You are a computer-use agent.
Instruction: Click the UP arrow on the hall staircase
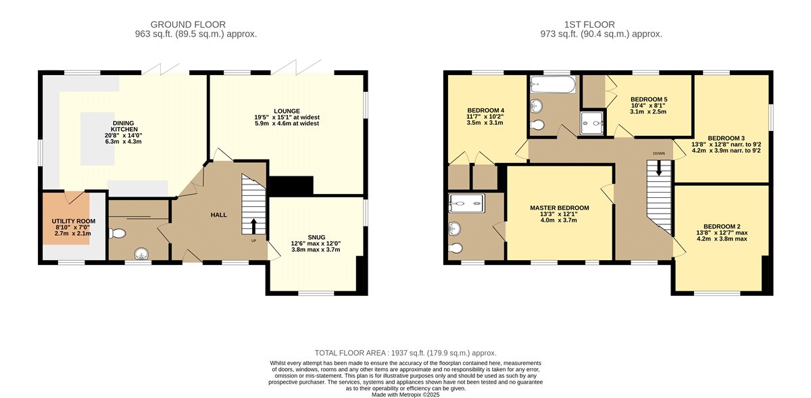tap(253, 226)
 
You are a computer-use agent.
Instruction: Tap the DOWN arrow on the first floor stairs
tap(659, 168)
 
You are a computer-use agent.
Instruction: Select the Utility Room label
tap(74, 221)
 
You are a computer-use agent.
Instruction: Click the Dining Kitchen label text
tap(124, 126)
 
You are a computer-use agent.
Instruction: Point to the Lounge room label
tap(287, 111)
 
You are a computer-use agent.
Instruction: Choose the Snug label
tap(316, 237)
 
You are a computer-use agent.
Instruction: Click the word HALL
tap(219, 215)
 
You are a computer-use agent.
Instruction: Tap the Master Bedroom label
tap(560, 208)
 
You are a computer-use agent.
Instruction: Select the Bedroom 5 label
tap(649, 99)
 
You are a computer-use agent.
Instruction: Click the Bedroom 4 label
tap(485, 110)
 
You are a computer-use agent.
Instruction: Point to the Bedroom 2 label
tap(722, 226)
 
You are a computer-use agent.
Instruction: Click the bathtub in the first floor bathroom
tap(553, 84)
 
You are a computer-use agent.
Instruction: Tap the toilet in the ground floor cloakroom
tap(117, 233)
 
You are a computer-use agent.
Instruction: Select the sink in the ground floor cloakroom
tap(141, 253)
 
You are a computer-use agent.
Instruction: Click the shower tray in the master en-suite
tap(467, 203)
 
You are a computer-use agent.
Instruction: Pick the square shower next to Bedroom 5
tap(592, 123)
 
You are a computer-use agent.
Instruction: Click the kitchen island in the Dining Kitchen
tap(97, 139)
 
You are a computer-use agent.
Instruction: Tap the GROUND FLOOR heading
tap(188, 24)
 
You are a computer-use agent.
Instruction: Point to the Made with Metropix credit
tap(405, 395)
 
